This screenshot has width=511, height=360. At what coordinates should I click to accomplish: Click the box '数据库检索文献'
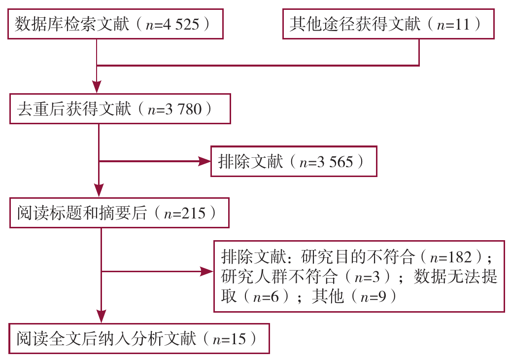[115, 24]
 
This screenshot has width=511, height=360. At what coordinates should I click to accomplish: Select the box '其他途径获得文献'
[388, 24]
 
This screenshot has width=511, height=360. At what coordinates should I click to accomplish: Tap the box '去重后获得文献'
[120, 109]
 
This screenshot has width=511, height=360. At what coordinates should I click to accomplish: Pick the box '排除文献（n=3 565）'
[294, 161]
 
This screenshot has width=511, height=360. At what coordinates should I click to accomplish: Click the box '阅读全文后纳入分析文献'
[139, 339]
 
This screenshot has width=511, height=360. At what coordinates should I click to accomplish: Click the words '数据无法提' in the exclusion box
[456, 276]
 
